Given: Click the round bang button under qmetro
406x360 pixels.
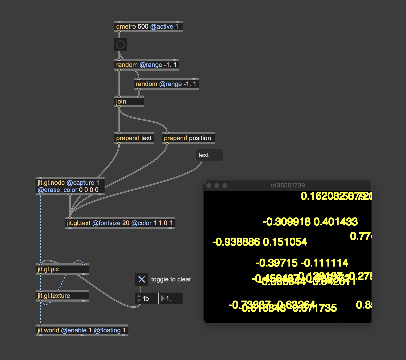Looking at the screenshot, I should (x=120, y=45).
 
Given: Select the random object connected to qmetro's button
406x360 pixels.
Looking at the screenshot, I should (x=146, y=65).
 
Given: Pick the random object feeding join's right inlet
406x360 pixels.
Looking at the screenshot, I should (x=166, y=84).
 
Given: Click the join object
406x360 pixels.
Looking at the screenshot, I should (x=129, y=101).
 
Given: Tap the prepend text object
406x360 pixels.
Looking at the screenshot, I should (x=134, y=138).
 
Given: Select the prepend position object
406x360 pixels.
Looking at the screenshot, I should (x=188, y=138).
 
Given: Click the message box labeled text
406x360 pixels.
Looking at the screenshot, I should (x=209, y=155).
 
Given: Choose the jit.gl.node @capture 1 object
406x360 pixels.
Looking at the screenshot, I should (x=70, y=186).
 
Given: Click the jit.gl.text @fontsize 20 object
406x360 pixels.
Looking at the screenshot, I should (x=120, y=223).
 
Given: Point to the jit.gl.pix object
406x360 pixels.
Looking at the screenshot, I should (x=62, y=269).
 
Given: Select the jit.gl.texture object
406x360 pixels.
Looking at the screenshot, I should (x=62, y=296).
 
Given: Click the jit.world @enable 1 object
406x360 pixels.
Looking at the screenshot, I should (x=82, y=330).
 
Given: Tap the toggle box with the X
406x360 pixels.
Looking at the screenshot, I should (x=142, y=279).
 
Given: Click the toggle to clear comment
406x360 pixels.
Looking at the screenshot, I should (x=171, y=279).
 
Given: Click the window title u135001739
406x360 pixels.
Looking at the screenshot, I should (x=288, y=186).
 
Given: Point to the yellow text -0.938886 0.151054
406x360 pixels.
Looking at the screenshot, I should (x=260, y=242).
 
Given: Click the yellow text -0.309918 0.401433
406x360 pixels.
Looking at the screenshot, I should (x=310, y=222).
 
